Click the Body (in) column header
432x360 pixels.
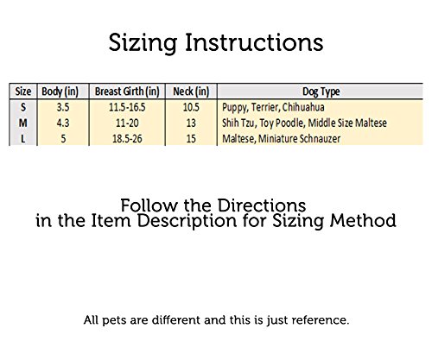60,92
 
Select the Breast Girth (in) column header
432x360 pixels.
127,92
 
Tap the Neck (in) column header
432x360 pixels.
191,92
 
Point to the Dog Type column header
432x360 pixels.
321,92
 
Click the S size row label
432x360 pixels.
23,107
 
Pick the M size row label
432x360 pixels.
23,123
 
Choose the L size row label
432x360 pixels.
23,139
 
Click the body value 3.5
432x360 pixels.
63,107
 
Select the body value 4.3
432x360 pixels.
63,123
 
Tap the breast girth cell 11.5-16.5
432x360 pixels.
127,107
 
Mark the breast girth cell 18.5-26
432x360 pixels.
127,139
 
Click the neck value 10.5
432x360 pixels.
191,107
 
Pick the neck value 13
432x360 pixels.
191,123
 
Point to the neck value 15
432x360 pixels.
191,139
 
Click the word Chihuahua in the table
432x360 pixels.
303,107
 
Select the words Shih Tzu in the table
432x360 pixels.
238,123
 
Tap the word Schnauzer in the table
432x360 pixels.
320,139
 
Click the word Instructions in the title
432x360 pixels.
254,42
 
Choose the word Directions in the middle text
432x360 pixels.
262,205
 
